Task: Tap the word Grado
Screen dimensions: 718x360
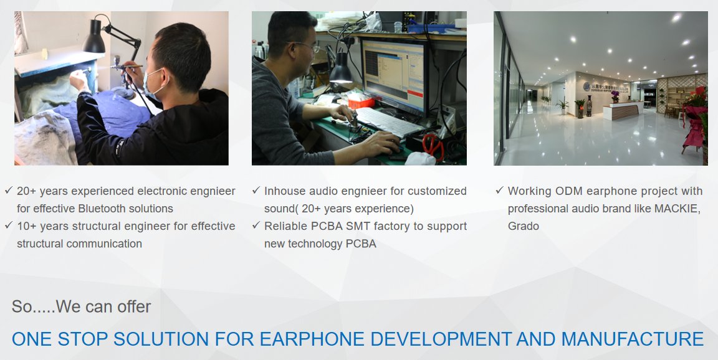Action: pos(524,226)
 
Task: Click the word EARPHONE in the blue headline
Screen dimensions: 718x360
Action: pos(312,339)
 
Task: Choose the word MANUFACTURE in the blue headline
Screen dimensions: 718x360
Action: pos(633,339)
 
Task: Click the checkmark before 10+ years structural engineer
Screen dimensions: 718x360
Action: pos(8,225)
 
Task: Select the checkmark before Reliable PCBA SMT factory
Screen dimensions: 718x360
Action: pos(256,225)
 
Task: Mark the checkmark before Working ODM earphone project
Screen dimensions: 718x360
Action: pos(500,190)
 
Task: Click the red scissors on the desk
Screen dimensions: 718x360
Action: pos(433,145)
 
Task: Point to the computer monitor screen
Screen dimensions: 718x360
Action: pos(393,74)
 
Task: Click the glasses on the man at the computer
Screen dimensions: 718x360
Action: pos(307,45)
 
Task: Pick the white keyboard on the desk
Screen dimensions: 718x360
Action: pos(388,121)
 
